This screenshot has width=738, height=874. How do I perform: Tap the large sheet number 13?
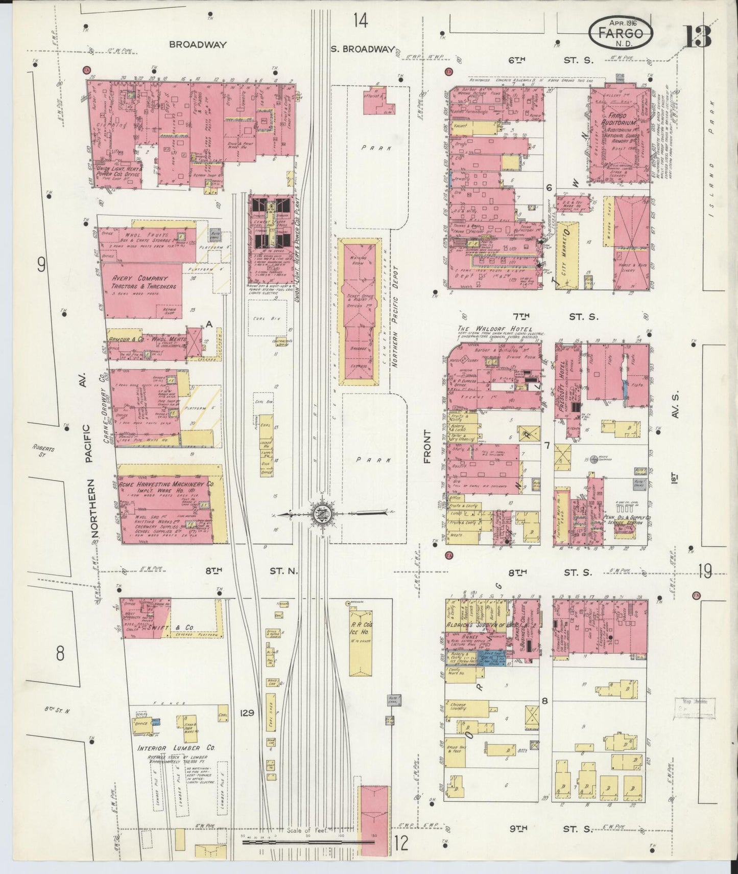(x=698, y=35)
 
